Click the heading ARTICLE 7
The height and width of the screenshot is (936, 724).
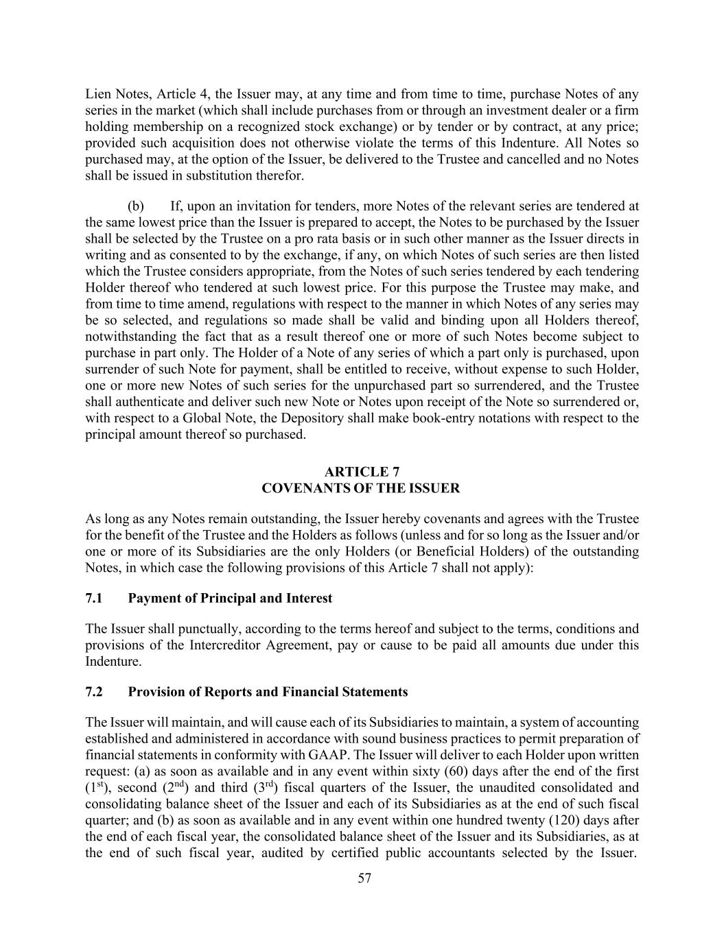point(362,472)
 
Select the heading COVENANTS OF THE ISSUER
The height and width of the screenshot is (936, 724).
point(362,488)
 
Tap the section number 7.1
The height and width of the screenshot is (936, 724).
point(94,598)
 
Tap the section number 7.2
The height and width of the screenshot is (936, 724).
point(94,692)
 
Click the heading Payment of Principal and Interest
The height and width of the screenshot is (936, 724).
point(230,598)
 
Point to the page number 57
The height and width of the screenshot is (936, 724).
point(364,878)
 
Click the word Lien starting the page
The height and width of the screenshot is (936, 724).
point(98,95)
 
